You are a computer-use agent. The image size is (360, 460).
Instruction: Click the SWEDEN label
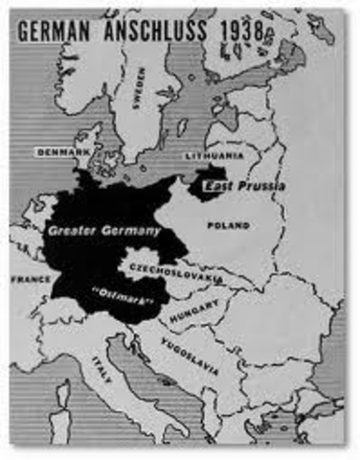point(141,87)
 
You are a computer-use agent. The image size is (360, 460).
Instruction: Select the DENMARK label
point(62,151)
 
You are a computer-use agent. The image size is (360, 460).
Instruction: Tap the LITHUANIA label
point(214,153)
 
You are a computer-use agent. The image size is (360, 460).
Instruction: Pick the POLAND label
point(227,225)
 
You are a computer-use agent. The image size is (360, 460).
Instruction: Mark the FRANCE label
point(30,279)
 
